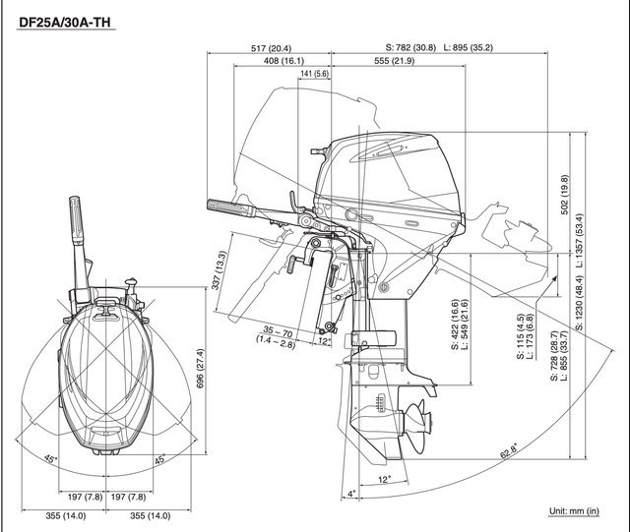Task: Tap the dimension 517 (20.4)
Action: [x=271, y=47]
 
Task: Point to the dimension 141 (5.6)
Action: [x=314, y=75]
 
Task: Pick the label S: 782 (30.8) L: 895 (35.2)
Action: [x=438, y=47]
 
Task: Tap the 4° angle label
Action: [x=350, y=494]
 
